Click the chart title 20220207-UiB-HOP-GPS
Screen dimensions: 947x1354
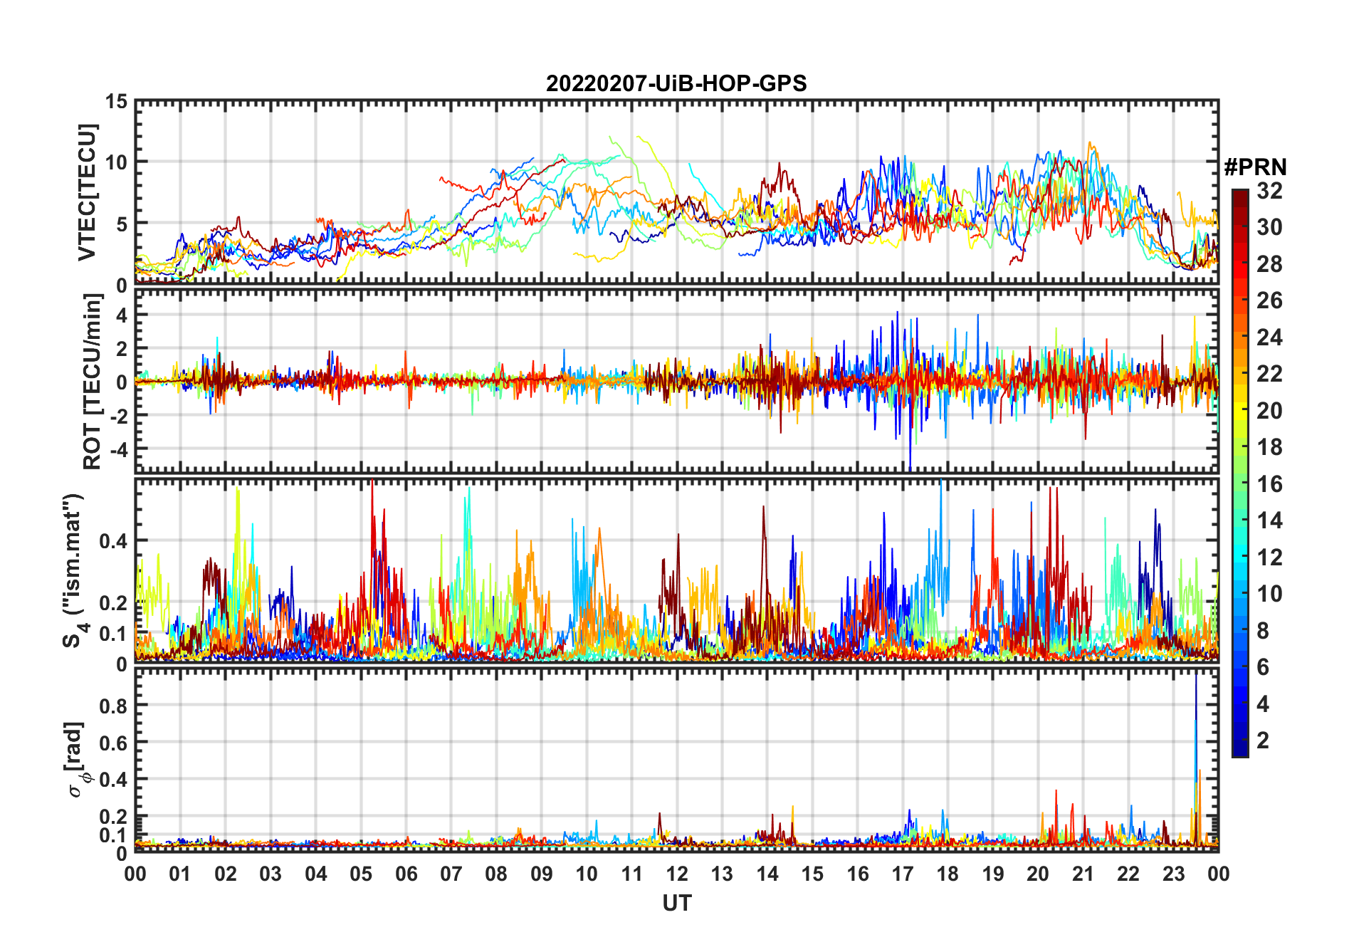pos(676,84)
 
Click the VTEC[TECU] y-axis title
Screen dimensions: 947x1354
pos(86,193)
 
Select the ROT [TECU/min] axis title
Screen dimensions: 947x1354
pos(92,382)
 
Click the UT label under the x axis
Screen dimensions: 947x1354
pos(676,903)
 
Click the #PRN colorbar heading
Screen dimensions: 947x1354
pos(1255,167)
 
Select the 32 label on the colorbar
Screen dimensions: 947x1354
pos(1269,191)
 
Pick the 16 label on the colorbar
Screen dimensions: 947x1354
pos(1269,484)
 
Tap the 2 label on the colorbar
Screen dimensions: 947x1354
pos(1263,741)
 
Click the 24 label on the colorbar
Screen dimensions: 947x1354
pos(1269,338)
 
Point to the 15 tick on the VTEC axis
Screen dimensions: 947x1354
pos(117,102)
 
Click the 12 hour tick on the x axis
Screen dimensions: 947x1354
pos(676,874)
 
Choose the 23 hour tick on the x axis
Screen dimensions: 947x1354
pos(1173,874)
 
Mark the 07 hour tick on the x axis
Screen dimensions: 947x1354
pos(451,874)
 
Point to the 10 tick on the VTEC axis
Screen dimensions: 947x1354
pos(117,162)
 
